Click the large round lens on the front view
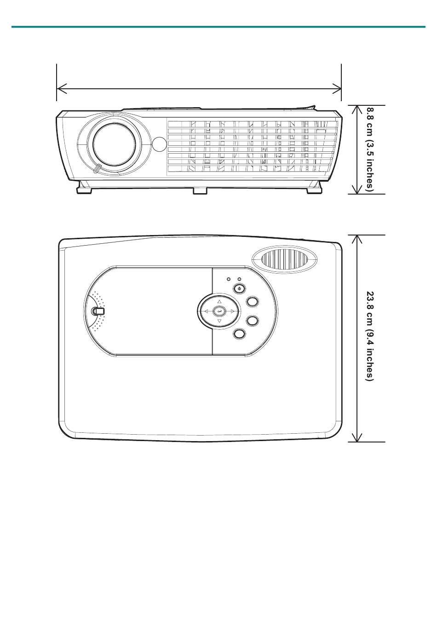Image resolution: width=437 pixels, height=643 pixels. click(114, 145)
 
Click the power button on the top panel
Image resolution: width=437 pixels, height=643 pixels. click(239, 288)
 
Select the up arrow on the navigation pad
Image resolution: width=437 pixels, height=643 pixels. click(219, 301)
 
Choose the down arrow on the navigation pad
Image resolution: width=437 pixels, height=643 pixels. click(219, 321)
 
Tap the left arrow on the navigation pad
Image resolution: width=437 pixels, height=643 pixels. click(206, 311)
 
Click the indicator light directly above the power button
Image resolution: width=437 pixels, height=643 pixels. click(239, 279)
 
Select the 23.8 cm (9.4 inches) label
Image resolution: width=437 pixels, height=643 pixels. click(370, 336)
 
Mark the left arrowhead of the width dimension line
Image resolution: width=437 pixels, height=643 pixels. click(57, 89)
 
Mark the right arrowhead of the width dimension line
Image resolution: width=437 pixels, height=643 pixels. click(340, 89)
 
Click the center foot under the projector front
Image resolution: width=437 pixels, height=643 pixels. click(200, 191)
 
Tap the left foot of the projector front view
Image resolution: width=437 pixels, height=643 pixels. click(84, 188)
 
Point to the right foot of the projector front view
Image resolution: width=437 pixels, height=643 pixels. click(314, 188)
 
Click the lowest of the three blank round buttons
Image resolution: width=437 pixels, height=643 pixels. click(240, 333)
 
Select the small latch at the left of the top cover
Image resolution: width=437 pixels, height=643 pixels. click(98, 311)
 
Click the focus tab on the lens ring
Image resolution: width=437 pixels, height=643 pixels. click(97, 168)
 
